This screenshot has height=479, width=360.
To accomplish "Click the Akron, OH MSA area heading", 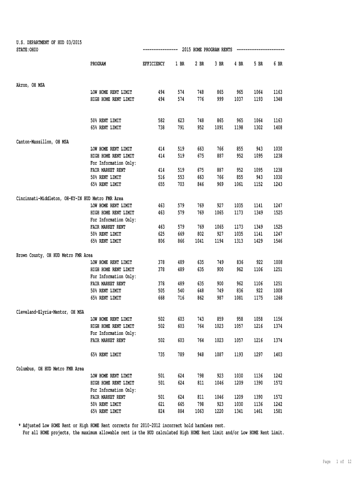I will pyautogui.click(x=31, y=85).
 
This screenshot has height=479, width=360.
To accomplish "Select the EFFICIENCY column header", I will pyautogui.click(x=153, y=64).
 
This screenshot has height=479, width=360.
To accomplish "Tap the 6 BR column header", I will pyautogui.click(x=278, y=64).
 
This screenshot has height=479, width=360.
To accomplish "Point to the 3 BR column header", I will pyautogui.click(x=219, y=64).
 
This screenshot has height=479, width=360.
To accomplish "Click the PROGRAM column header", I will pyautogui.click(x=98, y=64).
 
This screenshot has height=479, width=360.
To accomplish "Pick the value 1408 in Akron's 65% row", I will pyautogui.click(x=278, y=128).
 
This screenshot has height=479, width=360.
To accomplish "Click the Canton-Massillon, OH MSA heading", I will pyautogui.click(x=43, y=142).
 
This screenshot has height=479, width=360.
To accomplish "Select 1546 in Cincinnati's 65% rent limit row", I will pyautogui.click(x=278, y=241).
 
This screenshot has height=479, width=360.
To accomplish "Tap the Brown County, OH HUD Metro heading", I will pyautogui.click(x=54, y=255).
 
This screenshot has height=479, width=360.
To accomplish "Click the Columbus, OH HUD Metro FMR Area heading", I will pyautogui.click(x=50, y=369).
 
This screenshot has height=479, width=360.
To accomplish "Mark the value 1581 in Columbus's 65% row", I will pyautogui.click(x=278, y=411).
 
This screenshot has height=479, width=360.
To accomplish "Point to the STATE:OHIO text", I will pyautogui.click(x=27, y=50).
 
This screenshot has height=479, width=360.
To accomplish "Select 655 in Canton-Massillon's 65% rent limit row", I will pyautogui.click(x=161, y=184).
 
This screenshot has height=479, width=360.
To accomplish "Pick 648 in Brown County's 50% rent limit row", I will pyautogui.click(x=200, y=291).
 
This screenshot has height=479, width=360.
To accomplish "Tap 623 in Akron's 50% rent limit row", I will pyautogui.click(x=180, y=121).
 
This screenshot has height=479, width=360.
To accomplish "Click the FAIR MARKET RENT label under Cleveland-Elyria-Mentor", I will pyautogui.click(x=108, y=341).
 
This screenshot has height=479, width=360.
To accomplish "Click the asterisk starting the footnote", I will pyautogui.click(x=20, y=426).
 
